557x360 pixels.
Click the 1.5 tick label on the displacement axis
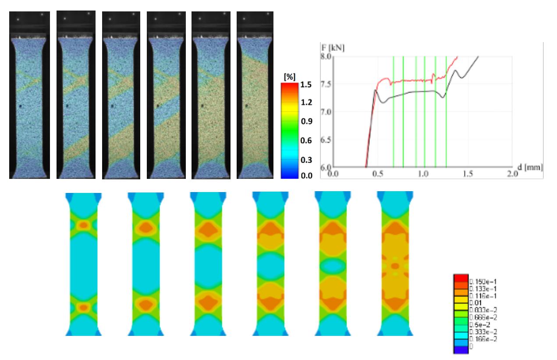(468, 174)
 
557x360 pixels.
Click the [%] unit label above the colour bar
(290, 77)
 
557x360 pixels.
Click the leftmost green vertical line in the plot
(393, 112)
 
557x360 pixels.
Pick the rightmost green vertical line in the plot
(446, 112)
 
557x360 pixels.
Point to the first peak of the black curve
(376, 90)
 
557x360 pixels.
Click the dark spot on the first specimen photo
(21, 106)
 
